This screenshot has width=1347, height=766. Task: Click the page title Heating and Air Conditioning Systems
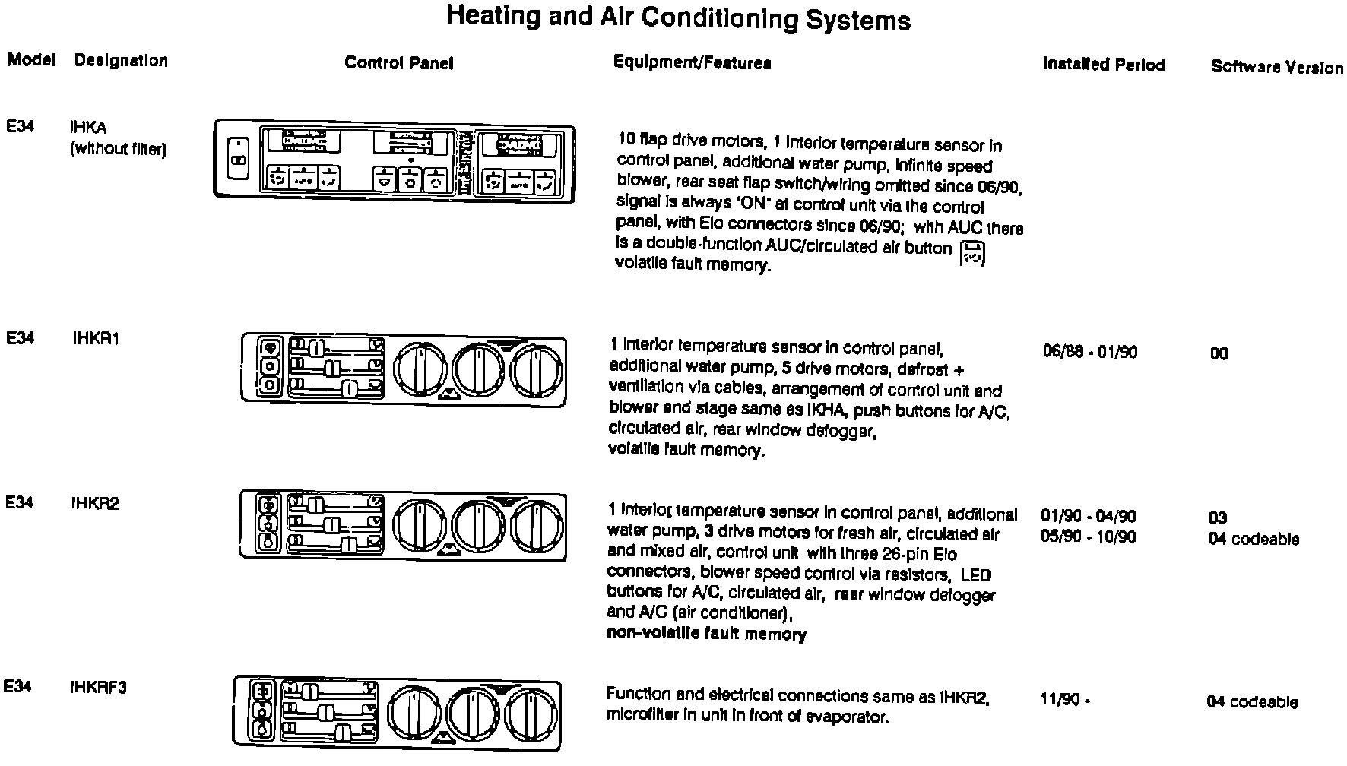[x=677, y=17]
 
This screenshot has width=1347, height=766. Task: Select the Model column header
[x=31, y=60]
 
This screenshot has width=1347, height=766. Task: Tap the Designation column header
[x=121, y=61]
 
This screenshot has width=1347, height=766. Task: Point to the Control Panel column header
[x=398, y=63]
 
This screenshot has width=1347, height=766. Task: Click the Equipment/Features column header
[x=692, y=63]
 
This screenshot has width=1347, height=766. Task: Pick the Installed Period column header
[x=1103, y=65]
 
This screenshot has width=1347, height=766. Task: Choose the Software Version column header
[x=1276, y=67]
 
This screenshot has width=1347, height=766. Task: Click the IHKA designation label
[x=87, y=128]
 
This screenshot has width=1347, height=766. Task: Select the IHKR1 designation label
[x=96, y=339]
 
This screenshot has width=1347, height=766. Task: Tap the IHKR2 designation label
[x=95, y=503]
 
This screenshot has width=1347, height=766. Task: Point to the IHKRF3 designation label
[x=98, y=688]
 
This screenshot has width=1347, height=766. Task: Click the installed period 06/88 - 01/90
[x=1090, y=352]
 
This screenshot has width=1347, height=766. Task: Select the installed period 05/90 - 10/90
[x=1088, y=537]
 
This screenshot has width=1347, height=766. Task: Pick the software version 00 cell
[x=1219, y=353]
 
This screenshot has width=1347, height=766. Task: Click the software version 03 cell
[x=1218, y=518]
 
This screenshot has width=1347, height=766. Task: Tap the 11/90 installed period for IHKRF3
[x=1064, y=700]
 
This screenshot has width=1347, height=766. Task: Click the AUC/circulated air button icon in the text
[x=973, y=254]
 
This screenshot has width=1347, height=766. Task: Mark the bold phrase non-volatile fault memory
[x=706, y=634]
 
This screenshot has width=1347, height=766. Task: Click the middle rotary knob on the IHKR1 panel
[x=480, y=370]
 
